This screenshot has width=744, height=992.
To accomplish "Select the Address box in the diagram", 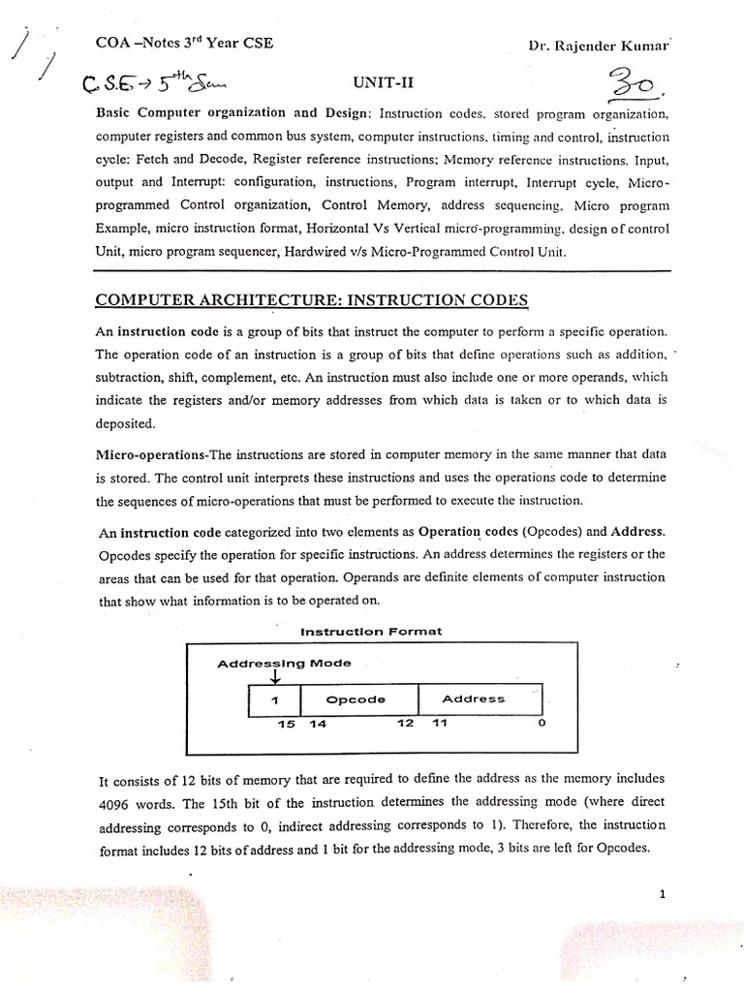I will point(473,698).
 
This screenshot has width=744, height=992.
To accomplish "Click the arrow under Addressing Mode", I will point(274,677).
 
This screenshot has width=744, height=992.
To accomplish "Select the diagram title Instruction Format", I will point(371,632).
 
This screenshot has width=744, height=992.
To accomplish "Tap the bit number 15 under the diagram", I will point(286,725).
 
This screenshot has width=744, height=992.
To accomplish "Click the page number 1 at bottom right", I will point(662,894).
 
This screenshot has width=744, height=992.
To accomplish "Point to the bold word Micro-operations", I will point(150,453).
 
